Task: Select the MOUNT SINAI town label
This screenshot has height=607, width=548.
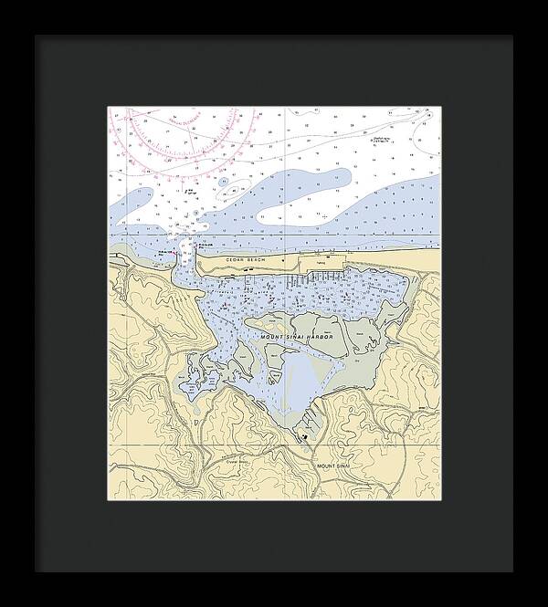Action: coord(334,466)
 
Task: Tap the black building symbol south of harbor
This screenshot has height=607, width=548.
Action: coord(302,437)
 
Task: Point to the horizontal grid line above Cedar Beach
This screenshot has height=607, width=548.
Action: coord(274,236)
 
